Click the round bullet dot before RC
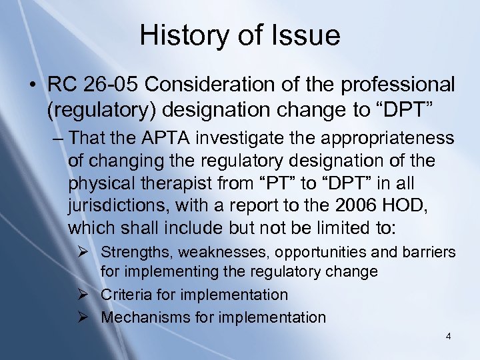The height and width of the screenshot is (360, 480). tap(31, 85)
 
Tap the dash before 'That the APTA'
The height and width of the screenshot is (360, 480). tap(58, 138)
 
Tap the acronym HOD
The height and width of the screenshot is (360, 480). tap(407, 205)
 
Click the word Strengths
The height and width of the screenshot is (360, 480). tap(131, 253)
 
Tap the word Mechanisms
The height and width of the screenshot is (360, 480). tap(139, 317)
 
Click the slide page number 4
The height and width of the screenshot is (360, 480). tap(449, 337)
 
